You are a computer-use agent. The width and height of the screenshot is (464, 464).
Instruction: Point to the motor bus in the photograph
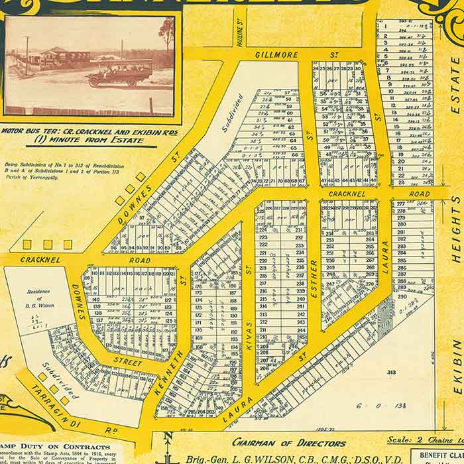point(120,72)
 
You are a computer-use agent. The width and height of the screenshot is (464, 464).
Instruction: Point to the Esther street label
point(314,278)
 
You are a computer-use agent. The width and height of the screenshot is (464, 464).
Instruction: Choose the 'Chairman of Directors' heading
point(288,443)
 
